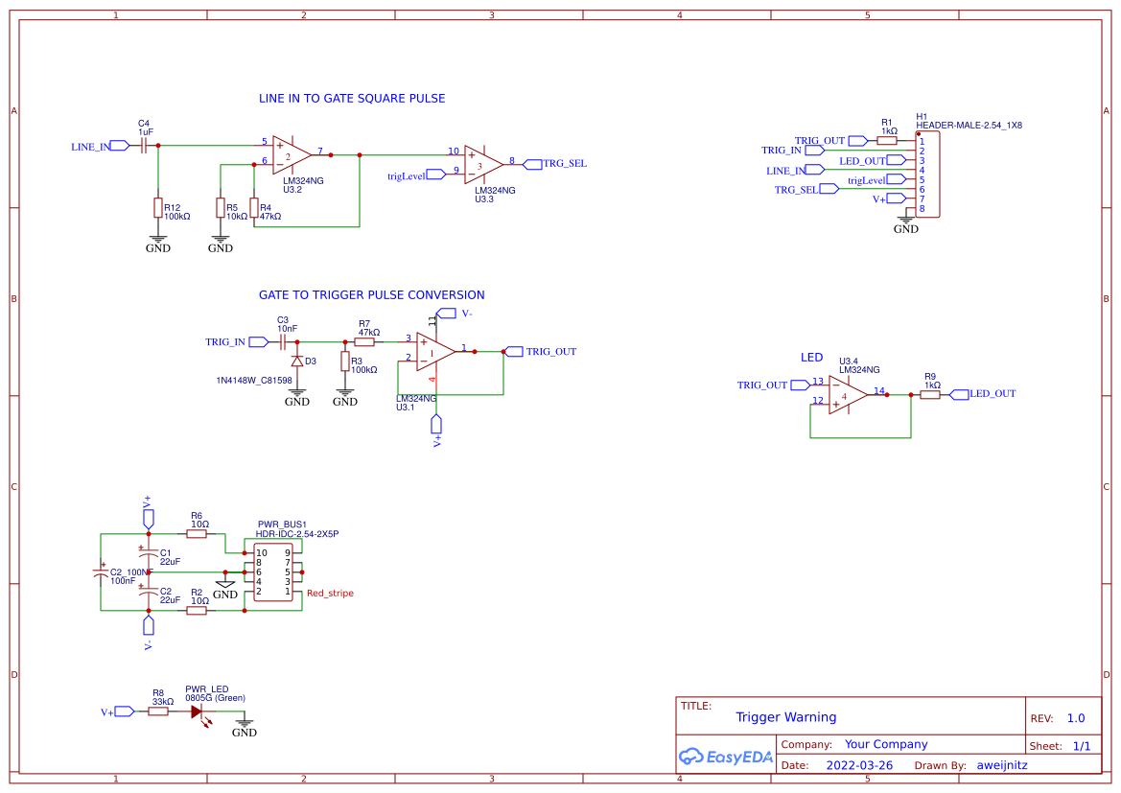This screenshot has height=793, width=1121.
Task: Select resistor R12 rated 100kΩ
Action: pos(158,208)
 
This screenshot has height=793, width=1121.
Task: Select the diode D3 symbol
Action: pos(297,362)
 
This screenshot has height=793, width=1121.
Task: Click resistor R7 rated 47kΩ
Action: pos(364,341)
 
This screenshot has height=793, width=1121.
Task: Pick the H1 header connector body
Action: pos(927,175)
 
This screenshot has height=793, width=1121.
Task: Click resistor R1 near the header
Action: pos(887,140)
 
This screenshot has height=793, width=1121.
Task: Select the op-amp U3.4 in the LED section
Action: pos(848,394)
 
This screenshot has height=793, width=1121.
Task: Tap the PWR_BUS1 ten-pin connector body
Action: pos(273,572)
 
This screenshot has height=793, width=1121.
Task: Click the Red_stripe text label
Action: pos(330,594)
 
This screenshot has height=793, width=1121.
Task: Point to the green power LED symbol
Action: pos(199,712)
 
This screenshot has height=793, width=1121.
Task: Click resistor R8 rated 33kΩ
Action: pos(159,711)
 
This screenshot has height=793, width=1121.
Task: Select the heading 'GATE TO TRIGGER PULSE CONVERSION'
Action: pos(371,295)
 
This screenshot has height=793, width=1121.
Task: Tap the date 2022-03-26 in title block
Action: pos(859,765)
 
